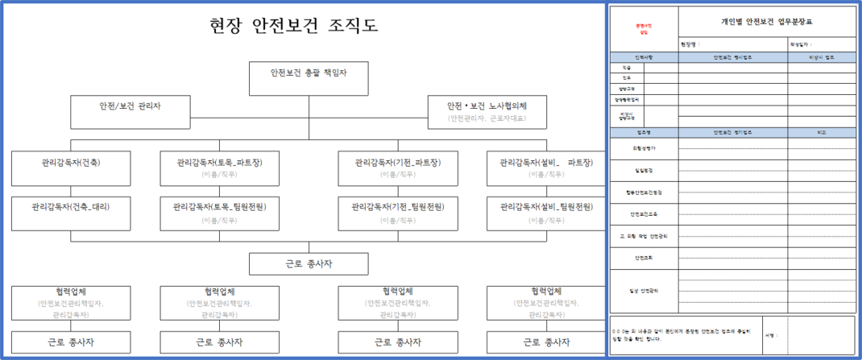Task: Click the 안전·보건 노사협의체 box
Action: pos(487,112)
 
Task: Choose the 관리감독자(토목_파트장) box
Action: pos(219,168)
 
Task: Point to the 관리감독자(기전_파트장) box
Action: pos(397,168)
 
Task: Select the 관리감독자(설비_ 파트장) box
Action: pos(545,168)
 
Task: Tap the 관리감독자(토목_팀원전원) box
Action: pos(219,212)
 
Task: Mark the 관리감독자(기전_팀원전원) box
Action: pos(397,212)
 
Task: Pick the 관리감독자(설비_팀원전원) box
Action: pos(545,212)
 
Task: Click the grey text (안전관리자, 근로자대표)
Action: pos(487,118)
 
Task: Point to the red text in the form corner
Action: pos(643,29)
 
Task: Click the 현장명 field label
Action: pos(690,45)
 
